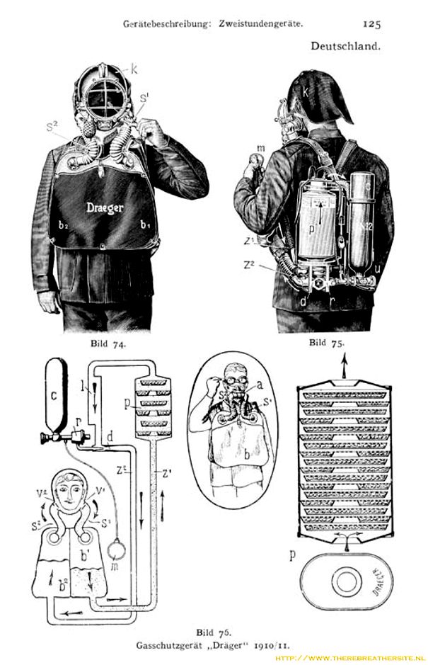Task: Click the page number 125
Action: coord(371,23)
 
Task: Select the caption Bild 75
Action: coord(328,343)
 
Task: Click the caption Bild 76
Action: coord(214,629)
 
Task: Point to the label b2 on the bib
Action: coord(63,225)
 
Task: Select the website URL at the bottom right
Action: coord(349,656)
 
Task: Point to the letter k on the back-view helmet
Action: coord(306,92)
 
